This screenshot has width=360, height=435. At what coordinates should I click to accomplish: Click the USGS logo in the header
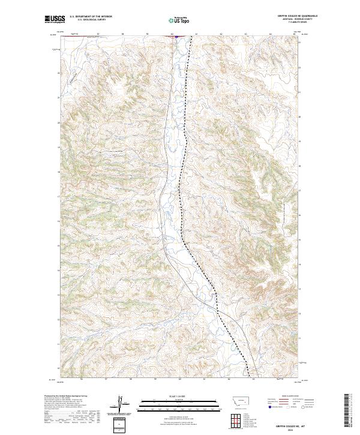click(55, 20)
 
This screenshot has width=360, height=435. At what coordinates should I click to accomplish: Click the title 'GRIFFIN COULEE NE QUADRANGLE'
click(296, 16)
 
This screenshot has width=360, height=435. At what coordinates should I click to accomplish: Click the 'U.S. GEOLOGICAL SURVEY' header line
click(91, 20)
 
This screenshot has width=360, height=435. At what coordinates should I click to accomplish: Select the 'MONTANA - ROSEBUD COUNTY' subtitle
click(296, 20)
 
